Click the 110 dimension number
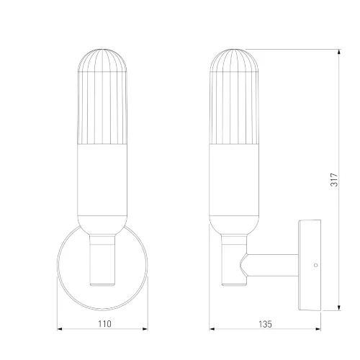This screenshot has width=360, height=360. pos(104,324)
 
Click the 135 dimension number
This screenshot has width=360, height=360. pos(265,324)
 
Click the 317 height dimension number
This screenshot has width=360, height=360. pos(334,179)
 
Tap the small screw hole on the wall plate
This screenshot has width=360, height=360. pos(316,265)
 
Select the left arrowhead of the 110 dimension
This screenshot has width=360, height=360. pos(60,329)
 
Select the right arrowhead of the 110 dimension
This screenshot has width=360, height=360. pos(145,329)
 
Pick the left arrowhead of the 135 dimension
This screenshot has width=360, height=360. pos(212,329)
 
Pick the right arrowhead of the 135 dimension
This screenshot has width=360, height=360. pos(318,329)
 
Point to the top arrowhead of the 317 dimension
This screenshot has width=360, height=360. pos(339,52)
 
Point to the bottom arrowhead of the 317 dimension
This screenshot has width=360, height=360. pos(339,308)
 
